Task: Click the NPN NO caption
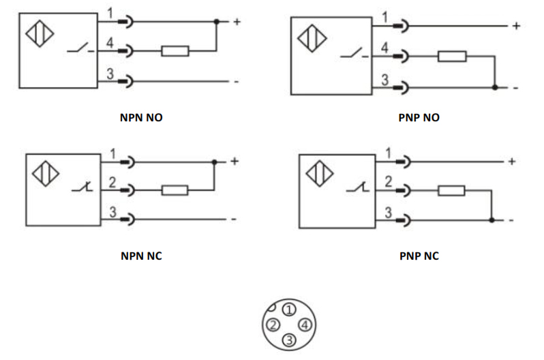point(142,117)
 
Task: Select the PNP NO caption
point(419,117)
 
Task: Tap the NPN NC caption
point(141,256)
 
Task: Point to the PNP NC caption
point(419,256)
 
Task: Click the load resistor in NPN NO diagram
point(175,50)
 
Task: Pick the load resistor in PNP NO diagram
point(452,56)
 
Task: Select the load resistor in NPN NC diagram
point(175,190)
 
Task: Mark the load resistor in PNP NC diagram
point(451,190)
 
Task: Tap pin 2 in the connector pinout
point(272,325)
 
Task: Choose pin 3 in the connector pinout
point(288,340)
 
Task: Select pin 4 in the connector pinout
point(305,325)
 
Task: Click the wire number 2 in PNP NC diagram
point(388,181)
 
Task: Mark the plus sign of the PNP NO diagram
point(516,26)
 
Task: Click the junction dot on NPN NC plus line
point(214,162)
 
